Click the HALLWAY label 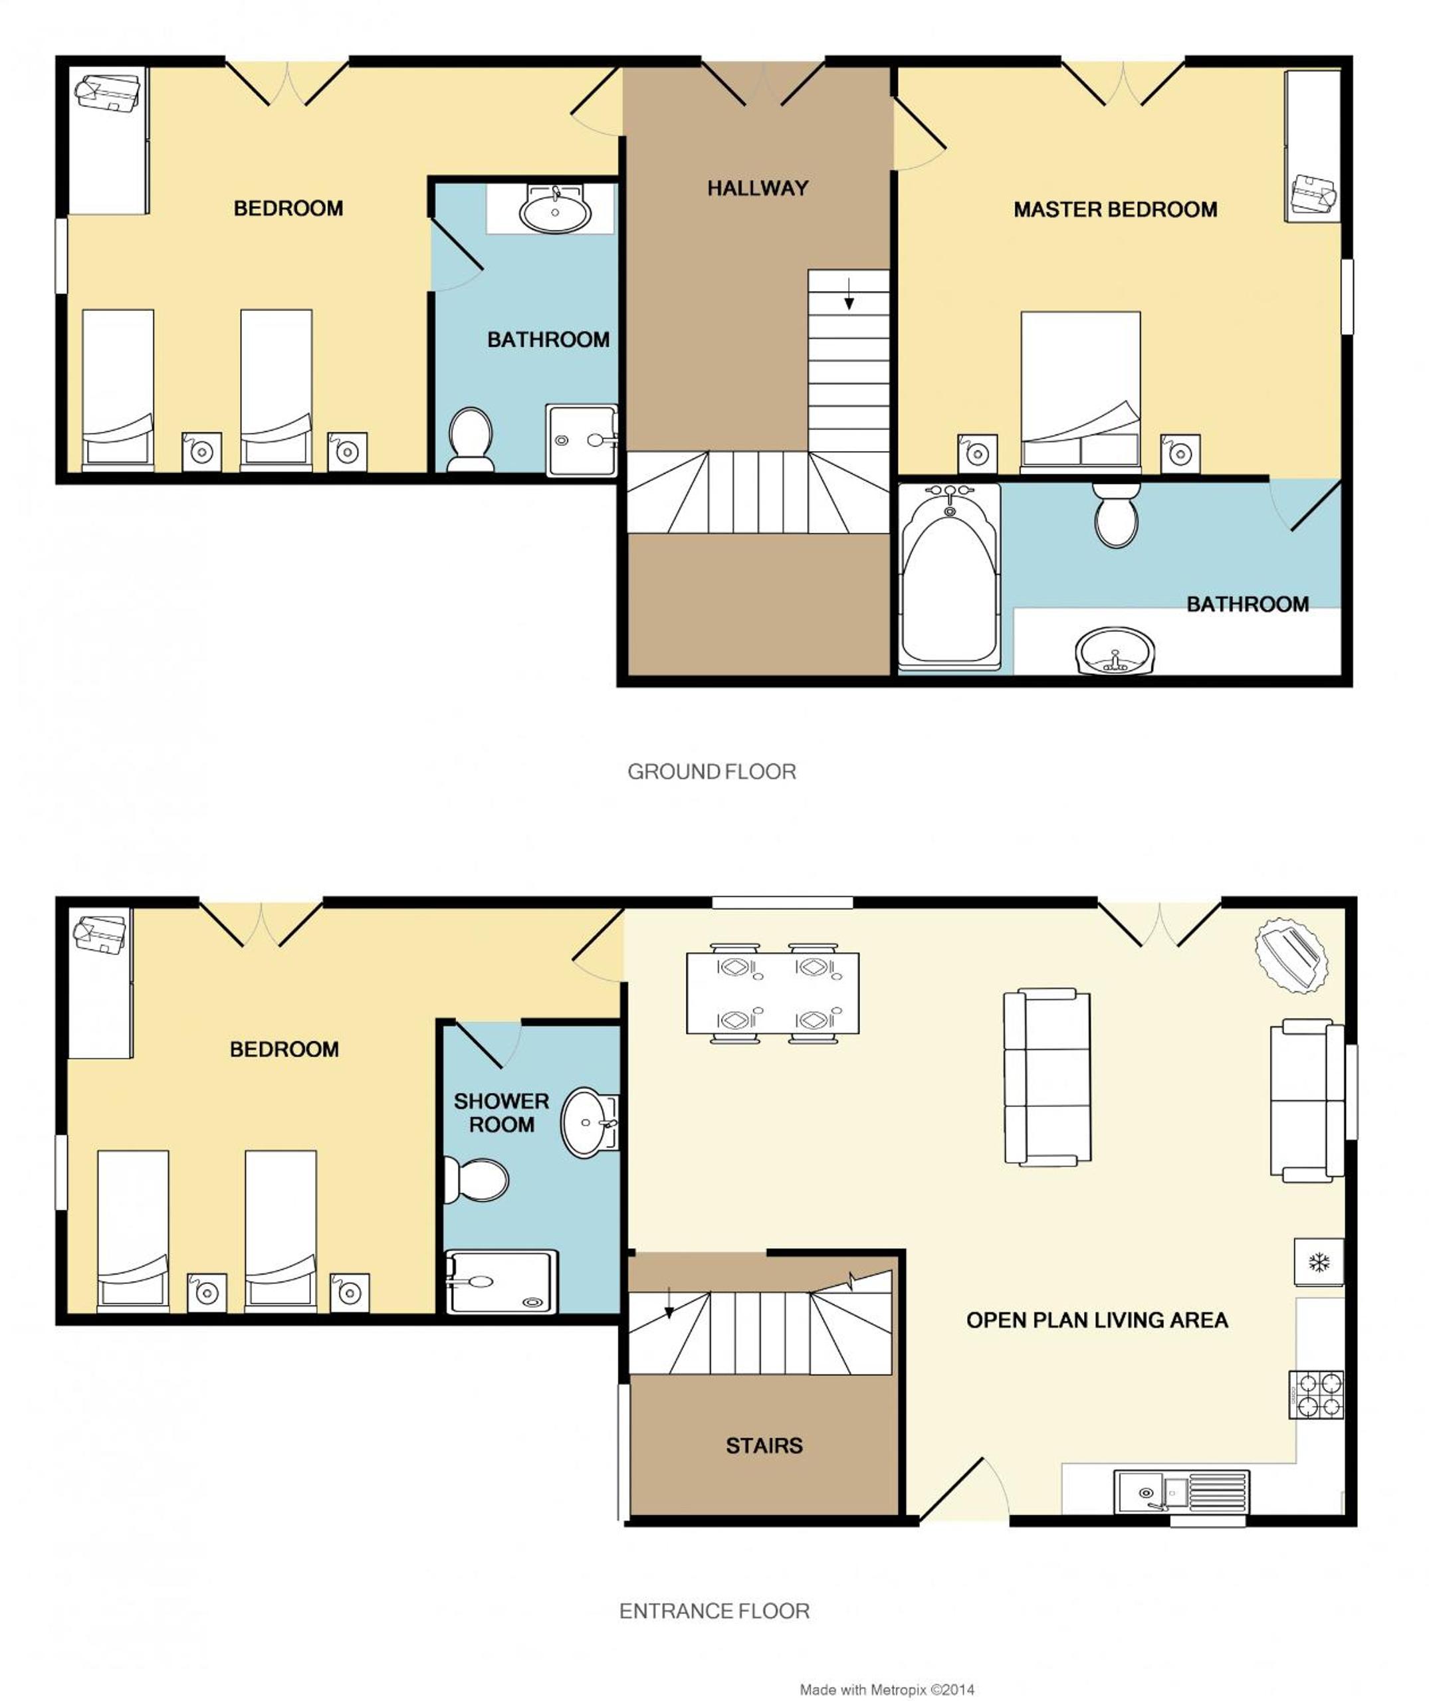[x=758, y=189]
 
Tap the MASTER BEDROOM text [x=1115, y=210]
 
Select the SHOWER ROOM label [x=501, y=1112]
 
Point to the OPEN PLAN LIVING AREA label [x=1097, y=1320]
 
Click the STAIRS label [x=764, y=1446]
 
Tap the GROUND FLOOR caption [x=711, y=771]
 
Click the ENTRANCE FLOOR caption [x=714, y=1611]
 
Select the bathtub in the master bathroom [x=949, y=577]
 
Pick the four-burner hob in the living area [x=1317, y=1394]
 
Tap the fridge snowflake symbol [x=1319, y=1261]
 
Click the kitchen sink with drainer [x=1181, y=1491]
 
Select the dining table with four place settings [x=772, y=993]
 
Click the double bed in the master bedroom [x=1081, y=392]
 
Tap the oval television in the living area [x=1291, y=955]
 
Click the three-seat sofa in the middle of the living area [x=1047, y=1076]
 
